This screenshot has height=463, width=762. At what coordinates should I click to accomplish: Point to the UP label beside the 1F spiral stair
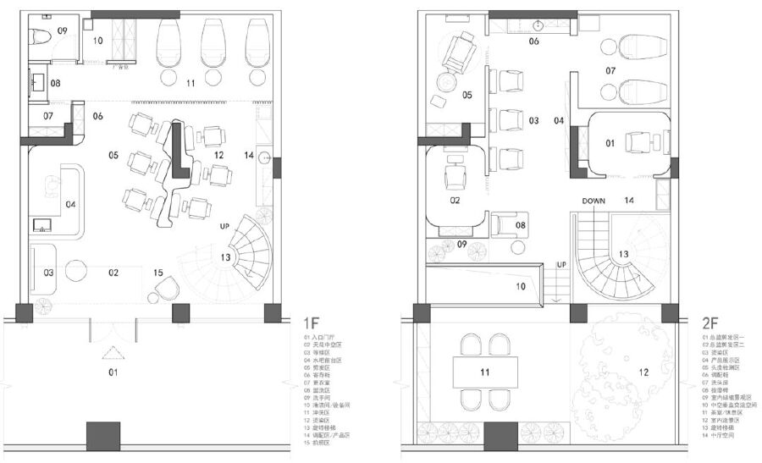point(224,227)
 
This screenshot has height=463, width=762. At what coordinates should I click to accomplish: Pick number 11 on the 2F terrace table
point(485,372)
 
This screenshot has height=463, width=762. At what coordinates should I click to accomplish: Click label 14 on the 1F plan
point(248,155)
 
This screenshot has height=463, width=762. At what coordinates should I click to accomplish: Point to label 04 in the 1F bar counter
point(71,204)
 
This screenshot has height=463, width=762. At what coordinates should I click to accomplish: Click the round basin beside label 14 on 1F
point(265,157)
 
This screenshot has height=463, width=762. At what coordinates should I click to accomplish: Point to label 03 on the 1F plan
point(48,272)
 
